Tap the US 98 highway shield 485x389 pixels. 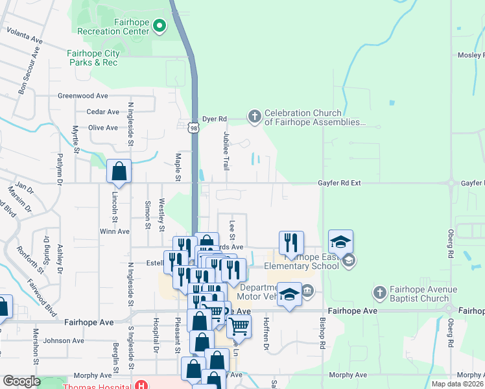193,128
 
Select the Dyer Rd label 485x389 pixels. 214,119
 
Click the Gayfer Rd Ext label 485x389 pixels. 339,183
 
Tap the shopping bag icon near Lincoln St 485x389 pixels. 119,172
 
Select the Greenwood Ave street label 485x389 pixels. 82,96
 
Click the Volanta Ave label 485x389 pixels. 25,36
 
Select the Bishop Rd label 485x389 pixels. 322,335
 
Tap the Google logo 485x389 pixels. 21,381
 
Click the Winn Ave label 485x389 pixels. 115,231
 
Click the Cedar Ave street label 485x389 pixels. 103,112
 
